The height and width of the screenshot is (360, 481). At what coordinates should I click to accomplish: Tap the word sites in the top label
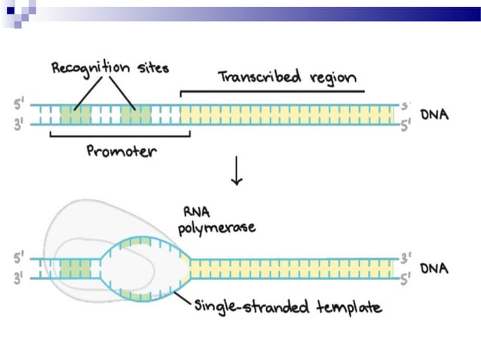pos(151,69)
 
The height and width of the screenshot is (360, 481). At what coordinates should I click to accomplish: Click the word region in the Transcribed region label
pos(330,78)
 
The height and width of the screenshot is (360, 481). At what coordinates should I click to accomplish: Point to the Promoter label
pos(121,151)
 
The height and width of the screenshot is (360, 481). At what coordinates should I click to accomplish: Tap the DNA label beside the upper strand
pos(434,115)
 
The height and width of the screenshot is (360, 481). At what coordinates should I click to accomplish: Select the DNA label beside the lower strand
pos(434,268)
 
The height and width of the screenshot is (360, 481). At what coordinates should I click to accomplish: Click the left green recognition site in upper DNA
pos(75,114)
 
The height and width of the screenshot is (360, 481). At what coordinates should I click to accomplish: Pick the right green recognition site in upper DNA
pos(136,114)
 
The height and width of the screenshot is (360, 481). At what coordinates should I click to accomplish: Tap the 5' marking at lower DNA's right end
pos(406,279)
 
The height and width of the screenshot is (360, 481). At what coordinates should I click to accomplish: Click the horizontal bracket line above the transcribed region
pos(271,92)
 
